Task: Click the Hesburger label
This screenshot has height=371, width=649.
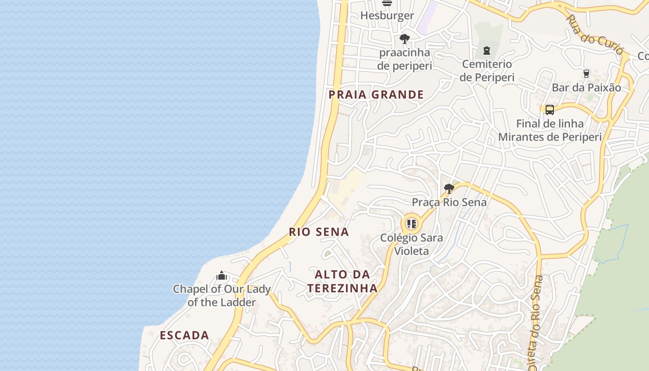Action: pyautogui.click(x=387, y=15)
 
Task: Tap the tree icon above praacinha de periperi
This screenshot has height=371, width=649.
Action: pyautogui.click(x=405, y=38)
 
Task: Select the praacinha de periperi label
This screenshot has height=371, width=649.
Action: pyautogui.click(x=405, y=59)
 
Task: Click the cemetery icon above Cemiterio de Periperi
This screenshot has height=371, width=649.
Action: pyautogui.click(x=487, y=50)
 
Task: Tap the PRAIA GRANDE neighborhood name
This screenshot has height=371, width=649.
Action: pyautogui.click(x=376, y=95)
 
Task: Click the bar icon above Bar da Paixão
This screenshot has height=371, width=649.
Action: pyautogui.click(x=586, y=73)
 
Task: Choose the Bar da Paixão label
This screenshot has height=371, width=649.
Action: pyautogui.click(x=586, y=87)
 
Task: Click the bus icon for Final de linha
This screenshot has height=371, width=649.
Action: pyautogui.click(x=550, y=110)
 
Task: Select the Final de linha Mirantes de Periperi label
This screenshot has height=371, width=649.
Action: pyautogui.click(x=550, y=130)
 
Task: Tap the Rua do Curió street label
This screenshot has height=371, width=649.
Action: pyautogui.click(x=595, y=34)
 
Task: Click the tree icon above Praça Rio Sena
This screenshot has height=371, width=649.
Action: pyautogui.click(x=449, y=188)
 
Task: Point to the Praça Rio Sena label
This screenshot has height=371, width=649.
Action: pyautogui.click(x=449, y=202)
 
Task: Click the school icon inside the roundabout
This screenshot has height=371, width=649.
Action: pyautogui.click(x=412, y=224)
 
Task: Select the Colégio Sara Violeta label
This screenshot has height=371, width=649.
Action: pyautogui.click(x=411, y=244)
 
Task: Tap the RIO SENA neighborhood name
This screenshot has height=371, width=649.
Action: pyautogui.click(x=318, y=232)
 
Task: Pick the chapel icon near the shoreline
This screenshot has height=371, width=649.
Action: pyautogui.click(x=222, y=276)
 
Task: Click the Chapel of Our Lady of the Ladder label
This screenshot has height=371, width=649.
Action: pyautogui.click(x=222, y=296)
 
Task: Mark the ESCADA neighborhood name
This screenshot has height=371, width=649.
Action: pyautogui.click(x=185, y=335)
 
